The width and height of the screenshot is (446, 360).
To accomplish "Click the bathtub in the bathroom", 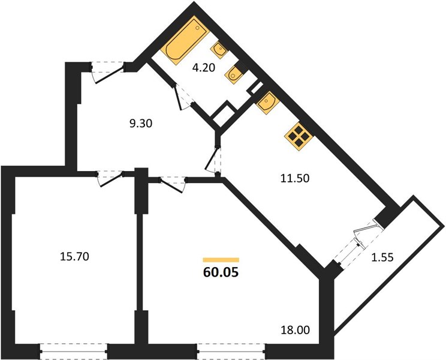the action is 185,40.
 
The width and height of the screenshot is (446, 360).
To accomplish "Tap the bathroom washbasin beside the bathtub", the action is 218,50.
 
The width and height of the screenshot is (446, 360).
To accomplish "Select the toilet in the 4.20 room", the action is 234,73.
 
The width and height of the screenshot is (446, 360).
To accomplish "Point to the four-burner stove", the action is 299,136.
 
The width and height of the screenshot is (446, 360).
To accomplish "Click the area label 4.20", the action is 203,68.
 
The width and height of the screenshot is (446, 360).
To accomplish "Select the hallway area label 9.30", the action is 141,124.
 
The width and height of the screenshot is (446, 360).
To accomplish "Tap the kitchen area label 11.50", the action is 295,178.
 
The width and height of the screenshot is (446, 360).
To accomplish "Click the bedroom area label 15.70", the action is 74,257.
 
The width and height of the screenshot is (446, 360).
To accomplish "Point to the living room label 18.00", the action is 296,331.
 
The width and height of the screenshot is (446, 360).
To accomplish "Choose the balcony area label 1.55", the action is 382,257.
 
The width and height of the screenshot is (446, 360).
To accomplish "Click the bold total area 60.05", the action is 221,272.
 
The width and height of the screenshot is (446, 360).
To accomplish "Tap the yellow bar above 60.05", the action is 221,260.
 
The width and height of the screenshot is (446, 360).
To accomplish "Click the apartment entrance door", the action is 109,71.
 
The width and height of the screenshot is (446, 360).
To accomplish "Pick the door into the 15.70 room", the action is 111,178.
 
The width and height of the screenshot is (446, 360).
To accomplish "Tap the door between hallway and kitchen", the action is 213,159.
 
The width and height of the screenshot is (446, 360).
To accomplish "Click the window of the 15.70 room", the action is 73,352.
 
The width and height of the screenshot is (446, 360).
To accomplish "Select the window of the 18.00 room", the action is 231,352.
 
